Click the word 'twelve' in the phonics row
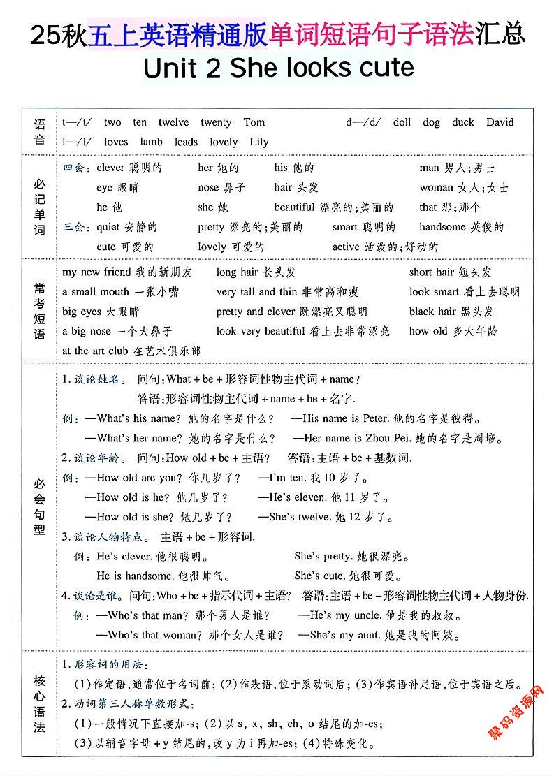pyautogui.click(x=173, y=122)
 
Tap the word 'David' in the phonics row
pyautogui.click(x=500, y=122)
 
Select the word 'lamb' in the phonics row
pyautogui.click(x=151, y=142)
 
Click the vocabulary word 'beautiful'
pyautogui.click(x=294, y=207)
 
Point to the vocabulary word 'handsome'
pyautogui.click(x=442, y=227)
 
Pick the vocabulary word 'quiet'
pyautogui.click(x=108, y=227)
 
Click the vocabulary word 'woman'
pyautogui.click(x=436, y=188)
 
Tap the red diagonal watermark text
pyautogui.click(x=516, y=712)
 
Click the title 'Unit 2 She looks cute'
pyautogui.click(x=277, y=68)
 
